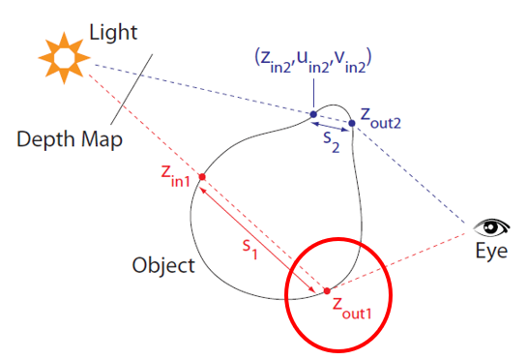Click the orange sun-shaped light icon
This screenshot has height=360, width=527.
point(64,58)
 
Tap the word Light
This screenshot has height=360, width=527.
point(113,33)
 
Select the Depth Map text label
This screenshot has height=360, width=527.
point(70,139)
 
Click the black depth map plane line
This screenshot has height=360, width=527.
point(132,89)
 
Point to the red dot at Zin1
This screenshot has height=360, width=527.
point(202,177)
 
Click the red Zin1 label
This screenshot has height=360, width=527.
point(175,176)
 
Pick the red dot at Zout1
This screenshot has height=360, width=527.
point(327,290)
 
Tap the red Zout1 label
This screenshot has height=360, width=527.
point(352,309)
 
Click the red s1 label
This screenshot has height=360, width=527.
point(250,250)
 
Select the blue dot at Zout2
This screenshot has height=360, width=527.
point(352,123)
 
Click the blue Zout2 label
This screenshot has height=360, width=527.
point(380,119)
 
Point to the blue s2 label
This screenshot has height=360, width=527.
point(332,142)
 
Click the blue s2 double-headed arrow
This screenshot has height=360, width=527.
point(330,127)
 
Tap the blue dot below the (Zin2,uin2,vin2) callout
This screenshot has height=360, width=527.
point(313,114)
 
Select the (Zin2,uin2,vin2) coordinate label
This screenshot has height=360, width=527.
point(313,61)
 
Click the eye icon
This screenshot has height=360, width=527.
point(491,227)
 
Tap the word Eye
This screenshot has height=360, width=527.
point(491,251)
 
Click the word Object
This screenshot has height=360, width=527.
point(163,265)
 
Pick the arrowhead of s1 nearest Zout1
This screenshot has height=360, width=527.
point(313,290)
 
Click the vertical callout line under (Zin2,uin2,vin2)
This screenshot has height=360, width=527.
point(313,93)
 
